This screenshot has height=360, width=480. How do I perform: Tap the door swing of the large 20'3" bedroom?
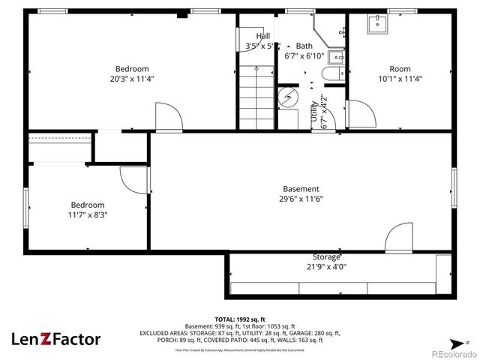pyautogui.click(x=166, y=116)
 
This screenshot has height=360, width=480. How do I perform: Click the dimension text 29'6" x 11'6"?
pyautogui.click(x=301, y=199)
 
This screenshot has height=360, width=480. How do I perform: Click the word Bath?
pyautogui.click(x=304, y=46)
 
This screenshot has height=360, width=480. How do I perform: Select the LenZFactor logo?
pyautogui.click(x=55, y=339)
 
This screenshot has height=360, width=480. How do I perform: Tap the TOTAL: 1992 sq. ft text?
pyautogui.click(x=239, y=319)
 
